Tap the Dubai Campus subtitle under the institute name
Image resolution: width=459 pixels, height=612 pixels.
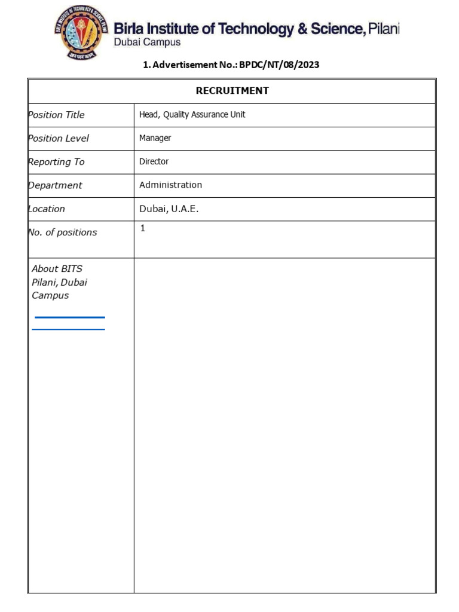coord(147,42)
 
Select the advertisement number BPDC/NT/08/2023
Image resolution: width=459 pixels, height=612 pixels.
coord(279,65)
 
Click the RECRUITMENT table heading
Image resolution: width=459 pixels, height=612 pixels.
coord(232,91)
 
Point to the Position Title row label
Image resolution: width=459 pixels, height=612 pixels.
coord(57,115)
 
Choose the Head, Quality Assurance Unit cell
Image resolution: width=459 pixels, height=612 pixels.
coord(192,115)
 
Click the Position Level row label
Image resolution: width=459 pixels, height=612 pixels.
coord(59,138)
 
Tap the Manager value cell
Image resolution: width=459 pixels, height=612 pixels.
coord(155,138)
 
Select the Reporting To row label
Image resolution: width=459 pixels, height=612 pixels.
coord(57,162)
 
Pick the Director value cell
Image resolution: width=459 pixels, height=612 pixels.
coord(154,161)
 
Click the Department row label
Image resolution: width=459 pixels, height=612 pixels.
coord(55,185)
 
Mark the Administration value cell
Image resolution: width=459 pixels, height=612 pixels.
coord(170,185)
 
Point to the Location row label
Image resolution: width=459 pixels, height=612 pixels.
coord(47,209)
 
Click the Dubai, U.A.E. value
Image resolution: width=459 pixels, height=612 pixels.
coord(169,209)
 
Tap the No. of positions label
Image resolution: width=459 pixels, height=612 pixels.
coord(63,232)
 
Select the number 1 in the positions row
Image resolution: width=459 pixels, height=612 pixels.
coord(143,228)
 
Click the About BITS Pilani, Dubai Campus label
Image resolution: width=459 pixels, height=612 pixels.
coord(59,282)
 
